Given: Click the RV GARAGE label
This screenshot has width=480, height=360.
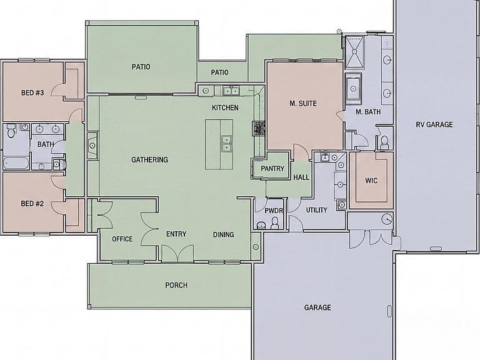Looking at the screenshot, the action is [x=434, y=124].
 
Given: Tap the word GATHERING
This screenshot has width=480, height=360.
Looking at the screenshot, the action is [x=150, y=160].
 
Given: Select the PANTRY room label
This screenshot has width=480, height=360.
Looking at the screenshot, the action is [x=272, y=168].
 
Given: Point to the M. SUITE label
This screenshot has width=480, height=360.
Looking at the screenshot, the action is [x=303, y=104].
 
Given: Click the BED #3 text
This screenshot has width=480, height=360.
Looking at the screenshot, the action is [x=32, y=92].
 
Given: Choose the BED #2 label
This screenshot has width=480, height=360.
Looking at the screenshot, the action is [x=32, y=204].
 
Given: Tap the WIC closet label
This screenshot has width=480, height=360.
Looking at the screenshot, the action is [x=371, y=181].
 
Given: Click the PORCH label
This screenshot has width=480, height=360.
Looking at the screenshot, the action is [x=176, y=285].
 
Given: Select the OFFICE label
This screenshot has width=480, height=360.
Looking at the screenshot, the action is [x=122, y=239].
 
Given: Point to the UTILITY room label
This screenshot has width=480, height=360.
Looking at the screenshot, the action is [x=316, y=210].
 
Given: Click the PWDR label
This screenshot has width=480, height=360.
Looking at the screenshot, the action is [x=274, y=211].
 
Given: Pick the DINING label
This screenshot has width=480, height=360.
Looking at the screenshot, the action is [x=224, y=235].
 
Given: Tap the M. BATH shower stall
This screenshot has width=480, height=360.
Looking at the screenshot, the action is [x=354, y=52].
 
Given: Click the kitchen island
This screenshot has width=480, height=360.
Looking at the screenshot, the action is [x=219, y=144].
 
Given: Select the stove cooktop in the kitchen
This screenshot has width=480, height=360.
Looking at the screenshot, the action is [x=259, y=128].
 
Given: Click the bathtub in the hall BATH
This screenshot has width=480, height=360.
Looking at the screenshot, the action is [x=16, y=163].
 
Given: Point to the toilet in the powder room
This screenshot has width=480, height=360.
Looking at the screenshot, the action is [x=274, y=223].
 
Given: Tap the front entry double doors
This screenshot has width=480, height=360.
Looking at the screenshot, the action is [x=177, y=254].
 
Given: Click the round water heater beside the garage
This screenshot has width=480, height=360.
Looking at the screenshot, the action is [x=387, y=219].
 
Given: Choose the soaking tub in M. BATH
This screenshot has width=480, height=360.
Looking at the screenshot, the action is [x=353, y=89].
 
